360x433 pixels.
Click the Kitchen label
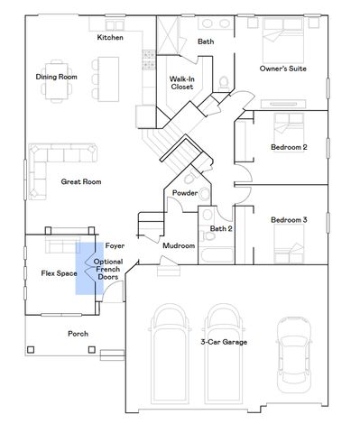pos(111,37)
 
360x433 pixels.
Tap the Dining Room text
pos(57,77)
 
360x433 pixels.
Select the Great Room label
pos(80,181)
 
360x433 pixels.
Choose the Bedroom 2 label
pos(289,147)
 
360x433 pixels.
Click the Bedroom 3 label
pos(289,220)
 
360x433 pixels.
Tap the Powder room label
pos(185,193)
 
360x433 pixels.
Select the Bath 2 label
pos(221,228)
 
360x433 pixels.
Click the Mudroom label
pos(179,245)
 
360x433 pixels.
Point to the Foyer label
pos(115,245)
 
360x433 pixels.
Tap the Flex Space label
pos(59,272)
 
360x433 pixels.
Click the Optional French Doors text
pos(107,270)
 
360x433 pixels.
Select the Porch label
pos(78,333)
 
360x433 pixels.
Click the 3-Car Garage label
pos(224,342)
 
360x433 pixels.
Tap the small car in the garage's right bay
pos(294,347)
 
